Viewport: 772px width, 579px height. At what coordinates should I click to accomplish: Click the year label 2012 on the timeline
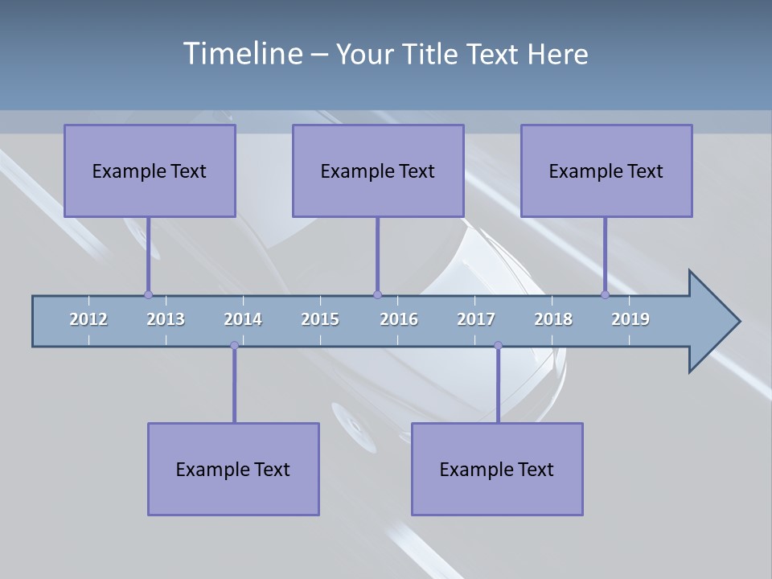click(88, 319)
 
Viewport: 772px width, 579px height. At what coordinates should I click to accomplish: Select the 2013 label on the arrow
click(166, 319)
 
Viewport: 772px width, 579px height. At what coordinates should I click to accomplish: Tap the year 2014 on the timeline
click(243, 319)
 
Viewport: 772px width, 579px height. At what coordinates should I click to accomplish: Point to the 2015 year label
click(320, 319)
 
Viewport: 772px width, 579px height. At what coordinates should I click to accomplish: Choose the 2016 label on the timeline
click(399, 319)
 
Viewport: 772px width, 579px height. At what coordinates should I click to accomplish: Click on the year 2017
click(476, 319)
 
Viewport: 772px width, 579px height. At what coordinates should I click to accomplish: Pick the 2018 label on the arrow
click(553, 319)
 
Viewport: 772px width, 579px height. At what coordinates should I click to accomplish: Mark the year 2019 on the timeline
click(630, 319)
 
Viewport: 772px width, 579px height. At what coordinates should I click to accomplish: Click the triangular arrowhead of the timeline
click(712, 322)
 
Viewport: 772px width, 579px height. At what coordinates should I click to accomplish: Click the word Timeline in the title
click(241, 54)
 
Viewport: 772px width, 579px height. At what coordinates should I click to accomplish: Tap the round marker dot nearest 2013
click(148, 294)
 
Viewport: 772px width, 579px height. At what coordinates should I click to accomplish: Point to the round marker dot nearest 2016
click(377, 294)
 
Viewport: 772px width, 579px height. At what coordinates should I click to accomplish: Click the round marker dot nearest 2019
click(605, 294)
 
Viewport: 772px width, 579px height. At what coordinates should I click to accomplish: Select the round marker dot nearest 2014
click(234, 346)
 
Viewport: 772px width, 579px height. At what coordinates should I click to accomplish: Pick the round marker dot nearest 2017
click(498, 346)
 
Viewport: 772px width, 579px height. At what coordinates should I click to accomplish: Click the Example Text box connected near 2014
click(233, 469)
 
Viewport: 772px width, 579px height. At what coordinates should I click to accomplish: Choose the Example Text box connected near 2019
click(606, 170)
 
